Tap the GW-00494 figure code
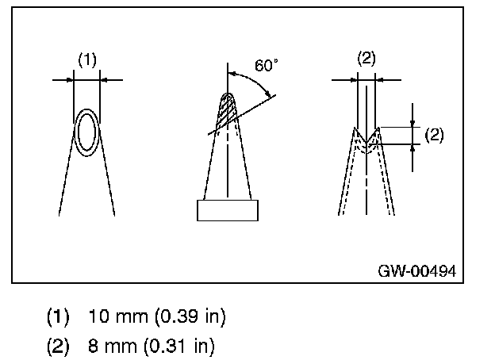click(416, 271)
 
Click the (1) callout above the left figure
click(86, 59)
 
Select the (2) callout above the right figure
click(366, 59)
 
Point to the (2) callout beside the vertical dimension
click(434, 134)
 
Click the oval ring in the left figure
click(86, 132)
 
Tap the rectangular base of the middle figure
click(228, 210)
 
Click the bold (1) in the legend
click(58, 317)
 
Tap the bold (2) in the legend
click(58, 346)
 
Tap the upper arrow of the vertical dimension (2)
click(413, 123)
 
